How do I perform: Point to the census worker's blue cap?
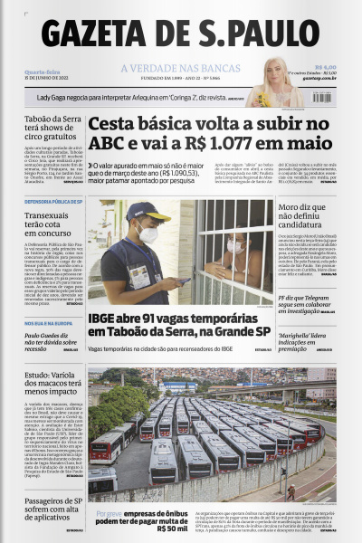146,211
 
